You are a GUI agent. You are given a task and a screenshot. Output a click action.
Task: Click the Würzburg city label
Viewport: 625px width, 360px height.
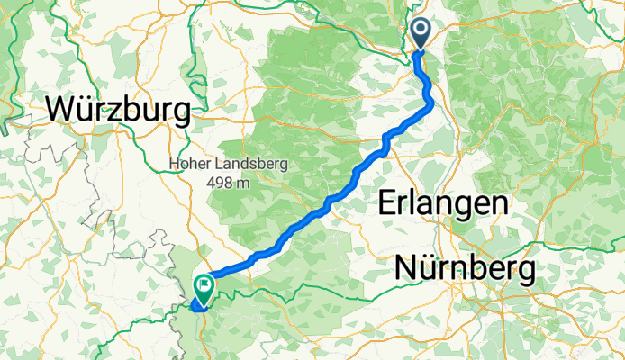point(118,110)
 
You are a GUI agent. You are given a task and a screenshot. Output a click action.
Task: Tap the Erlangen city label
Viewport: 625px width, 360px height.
point(440,202)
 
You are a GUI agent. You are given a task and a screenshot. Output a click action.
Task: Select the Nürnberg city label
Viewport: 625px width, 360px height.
point(466,267)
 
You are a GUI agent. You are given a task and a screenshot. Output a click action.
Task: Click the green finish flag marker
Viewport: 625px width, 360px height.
point(204,289)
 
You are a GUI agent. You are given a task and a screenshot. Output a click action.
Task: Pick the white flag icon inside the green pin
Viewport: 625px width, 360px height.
point(204,286)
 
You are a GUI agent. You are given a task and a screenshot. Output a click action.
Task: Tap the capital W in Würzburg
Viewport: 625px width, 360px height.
point(61,110)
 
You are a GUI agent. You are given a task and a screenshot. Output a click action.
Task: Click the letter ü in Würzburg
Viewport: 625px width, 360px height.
point(86,110)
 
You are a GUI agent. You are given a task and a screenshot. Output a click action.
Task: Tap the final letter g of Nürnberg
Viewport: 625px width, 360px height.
point(525,271)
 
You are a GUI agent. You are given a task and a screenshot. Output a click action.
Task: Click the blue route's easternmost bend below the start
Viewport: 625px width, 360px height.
point(431,105)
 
